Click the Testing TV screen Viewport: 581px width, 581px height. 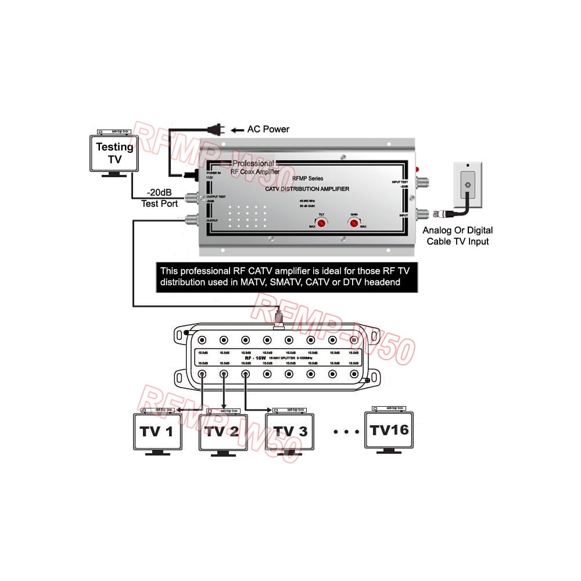(114, 153)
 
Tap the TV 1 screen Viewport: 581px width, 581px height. (157, 431)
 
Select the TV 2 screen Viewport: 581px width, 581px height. (223, 431)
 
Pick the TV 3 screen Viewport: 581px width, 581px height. (290, 431)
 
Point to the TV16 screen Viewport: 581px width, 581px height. (389, 430)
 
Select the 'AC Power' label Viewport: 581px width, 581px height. (268, 129)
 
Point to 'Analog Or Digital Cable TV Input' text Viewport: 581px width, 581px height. (458, 236)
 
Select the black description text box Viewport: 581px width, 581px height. (287, 277)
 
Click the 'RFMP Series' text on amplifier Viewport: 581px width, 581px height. (308, 178)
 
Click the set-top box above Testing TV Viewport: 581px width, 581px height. (114, 132)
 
